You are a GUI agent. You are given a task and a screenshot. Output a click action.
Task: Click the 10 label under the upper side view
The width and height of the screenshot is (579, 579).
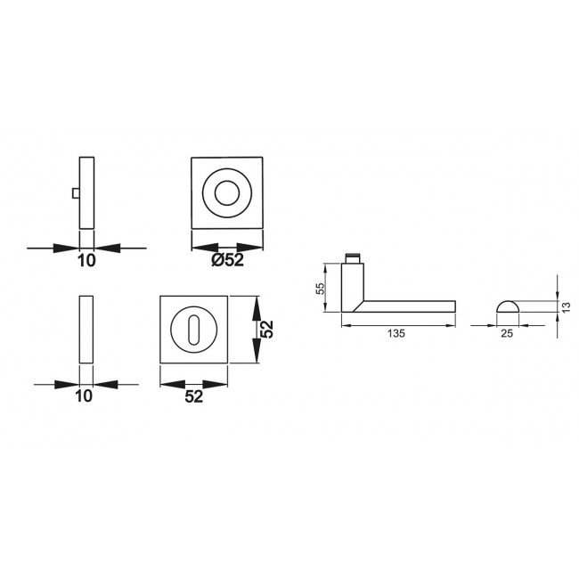point(86,261)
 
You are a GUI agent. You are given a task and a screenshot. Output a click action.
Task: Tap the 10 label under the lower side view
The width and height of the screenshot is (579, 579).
point(86,397)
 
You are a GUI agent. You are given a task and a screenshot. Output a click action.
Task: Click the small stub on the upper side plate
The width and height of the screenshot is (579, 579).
point(76,192)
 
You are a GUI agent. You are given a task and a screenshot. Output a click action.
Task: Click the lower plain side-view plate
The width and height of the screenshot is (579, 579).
point(86,329)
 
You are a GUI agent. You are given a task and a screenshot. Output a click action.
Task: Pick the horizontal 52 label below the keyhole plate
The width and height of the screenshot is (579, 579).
point(194,397)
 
